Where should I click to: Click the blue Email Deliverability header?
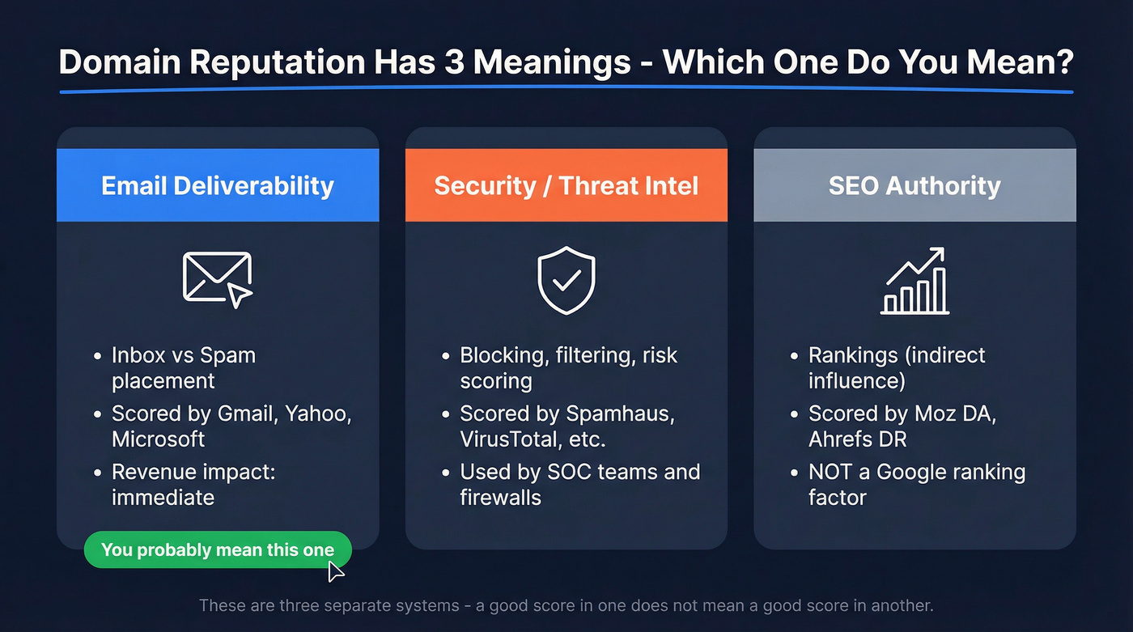coord(218,185)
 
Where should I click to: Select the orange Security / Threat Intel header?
coord(566,185)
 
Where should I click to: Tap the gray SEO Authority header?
coord(914,185)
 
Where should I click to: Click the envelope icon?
coord(217,278)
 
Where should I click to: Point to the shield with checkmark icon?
coord(566,280)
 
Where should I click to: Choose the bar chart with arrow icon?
coord(914,281)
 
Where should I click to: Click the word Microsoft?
coord(159,439)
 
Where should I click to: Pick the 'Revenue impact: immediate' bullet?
coord(193,484)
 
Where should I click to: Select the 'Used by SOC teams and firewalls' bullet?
coord(579,484)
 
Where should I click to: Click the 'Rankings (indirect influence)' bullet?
coord(896,367)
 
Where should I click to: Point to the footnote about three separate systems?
coord(566,605)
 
